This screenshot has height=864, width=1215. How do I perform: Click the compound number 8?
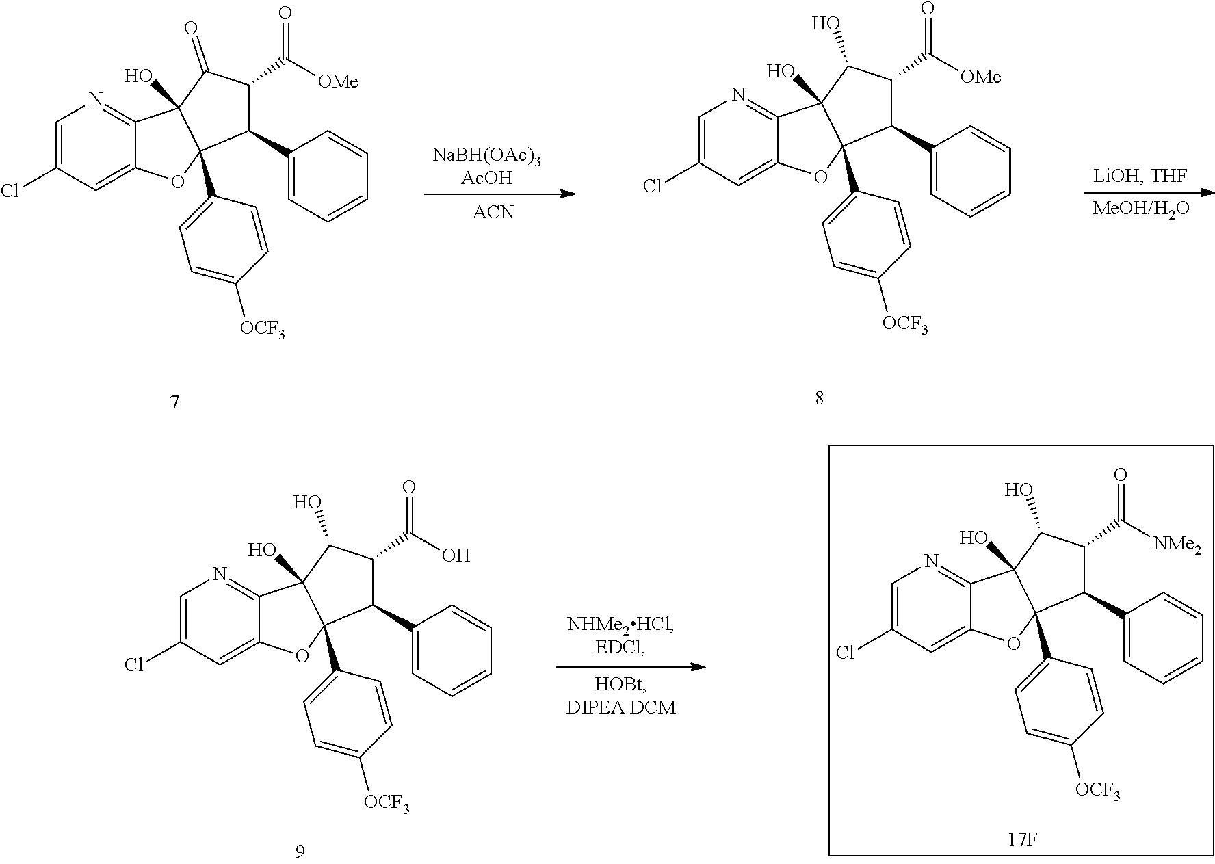coord(819,398)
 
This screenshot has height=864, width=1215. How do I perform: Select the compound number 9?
coord(300,850)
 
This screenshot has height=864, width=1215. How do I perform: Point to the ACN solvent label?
coord(493,213)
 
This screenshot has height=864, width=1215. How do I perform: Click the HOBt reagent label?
coord(620,684)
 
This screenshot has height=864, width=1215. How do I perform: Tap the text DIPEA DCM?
coord(620,707)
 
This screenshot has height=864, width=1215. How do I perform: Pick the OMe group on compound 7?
coord(338,82)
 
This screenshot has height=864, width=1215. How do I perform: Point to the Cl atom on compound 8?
coord(653,186)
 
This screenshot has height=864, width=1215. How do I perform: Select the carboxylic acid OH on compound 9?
coord(456,555)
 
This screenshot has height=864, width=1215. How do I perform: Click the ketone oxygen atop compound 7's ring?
coord(192,29)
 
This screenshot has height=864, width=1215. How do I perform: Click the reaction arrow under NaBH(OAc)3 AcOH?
coord(499,194)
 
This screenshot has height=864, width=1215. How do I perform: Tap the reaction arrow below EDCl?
coord(630,666)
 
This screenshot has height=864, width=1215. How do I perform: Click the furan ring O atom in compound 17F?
coord(1013,642)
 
